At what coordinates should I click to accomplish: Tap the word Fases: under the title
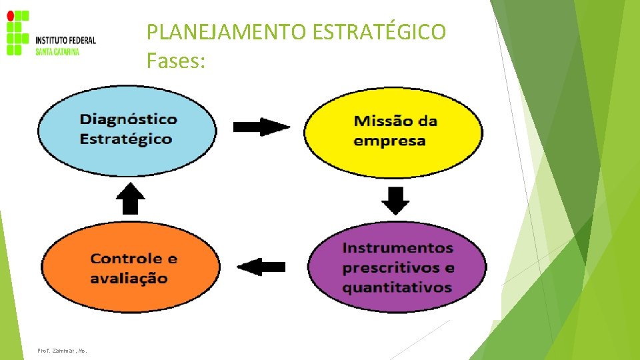[177, 62]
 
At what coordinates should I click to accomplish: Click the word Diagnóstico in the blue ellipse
[129, 120]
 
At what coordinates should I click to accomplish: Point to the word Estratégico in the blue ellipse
[126, 139]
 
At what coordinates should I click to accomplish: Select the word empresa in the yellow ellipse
[389, 141]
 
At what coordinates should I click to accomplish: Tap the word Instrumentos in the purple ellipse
[397, 248]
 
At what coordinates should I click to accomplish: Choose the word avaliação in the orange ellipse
[129, 278]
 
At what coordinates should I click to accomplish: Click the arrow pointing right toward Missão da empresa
[261, 126]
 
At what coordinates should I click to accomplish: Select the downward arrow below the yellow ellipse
[396, 201]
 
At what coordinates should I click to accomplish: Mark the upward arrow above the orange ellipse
[131, 198]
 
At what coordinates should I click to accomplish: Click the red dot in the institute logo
[9, 15]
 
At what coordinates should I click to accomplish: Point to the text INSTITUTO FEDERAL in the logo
[65, 40]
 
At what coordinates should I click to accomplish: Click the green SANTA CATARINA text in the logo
[57, 52]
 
